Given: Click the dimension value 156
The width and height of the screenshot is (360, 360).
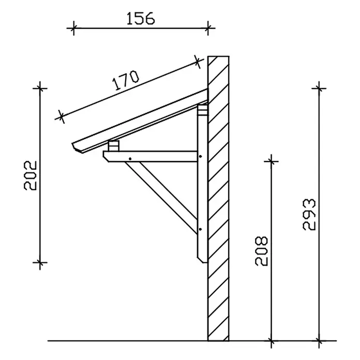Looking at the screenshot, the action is (x=141, y=19).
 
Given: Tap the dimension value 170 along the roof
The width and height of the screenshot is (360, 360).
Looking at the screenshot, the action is (x=126, y=80).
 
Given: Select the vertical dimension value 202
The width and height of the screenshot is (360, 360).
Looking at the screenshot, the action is (x=31, y=175).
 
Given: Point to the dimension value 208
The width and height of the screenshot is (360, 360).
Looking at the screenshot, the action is (x=262, y=251).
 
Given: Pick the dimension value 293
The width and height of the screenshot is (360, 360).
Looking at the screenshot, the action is (x=309, y=215).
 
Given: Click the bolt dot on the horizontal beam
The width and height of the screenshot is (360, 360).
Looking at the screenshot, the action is (x=130, y=159).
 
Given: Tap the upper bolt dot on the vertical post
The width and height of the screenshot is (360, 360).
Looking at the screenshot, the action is (x=201, y=157).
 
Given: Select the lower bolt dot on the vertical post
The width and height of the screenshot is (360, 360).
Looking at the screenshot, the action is (x=201, y=229).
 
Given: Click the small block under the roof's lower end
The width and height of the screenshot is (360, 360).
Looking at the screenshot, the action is (x=114, y=146).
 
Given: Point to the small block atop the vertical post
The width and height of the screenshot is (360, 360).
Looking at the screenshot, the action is (x=203, y=110).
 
